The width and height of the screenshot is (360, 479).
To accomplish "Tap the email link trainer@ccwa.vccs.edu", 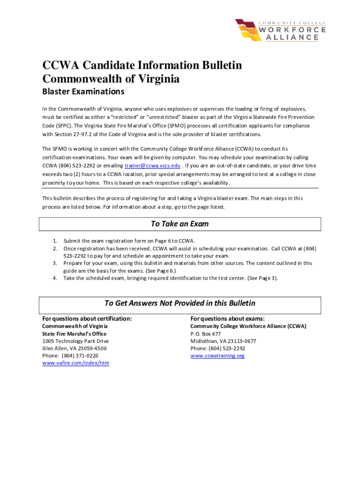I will coord(152,166).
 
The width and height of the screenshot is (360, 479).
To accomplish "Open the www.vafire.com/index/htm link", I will coord(76,363).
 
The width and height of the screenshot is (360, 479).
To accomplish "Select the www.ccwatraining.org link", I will coord(217,356).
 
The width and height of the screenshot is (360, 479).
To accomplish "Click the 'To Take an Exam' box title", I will coord(180,224).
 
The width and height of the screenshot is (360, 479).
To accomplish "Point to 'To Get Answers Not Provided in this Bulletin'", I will coord(180,303).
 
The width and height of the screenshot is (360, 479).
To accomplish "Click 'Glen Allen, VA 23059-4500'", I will coord(74,348).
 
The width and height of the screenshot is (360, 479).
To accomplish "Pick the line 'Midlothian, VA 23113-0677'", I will coord(223,341).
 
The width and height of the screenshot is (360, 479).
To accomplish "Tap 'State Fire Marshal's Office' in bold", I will coord(74,334).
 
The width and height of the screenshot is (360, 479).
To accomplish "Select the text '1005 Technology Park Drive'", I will coord(75,341).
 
